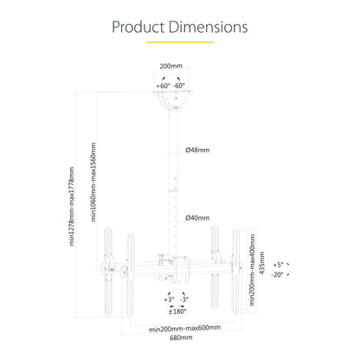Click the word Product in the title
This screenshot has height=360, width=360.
coord(138,27)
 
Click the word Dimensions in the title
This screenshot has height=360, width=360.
coord(208,27)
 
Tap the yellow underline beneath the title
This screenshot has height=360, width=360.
coord(180,42)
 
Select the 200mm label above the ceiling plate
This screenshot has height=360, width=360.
coord(171,66)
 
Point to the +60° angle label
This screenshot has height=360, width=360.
coord(164,86)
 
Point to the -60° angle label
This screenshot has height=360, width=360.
coord(179,86)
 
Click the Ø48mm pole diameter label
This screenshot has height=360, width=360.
coord(197,150)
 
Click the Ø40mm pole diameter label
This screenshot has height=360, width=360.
coord(197,218)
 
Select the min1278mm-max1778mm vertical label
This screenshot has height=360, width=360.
coord(72,207)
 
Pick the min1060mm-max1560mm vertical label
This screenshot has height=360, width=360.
coord(93,182)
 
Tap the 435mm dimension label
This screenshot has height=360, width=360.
coord(262,263)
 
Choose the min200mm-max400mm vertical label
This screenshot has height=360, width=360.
coord(253,270)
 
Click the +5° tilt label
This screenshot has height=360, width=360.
coord(279,265)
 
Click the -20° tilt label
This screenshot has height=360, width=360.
coord(277,274)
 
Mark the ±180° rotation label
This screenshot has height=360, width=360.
coord(177,312)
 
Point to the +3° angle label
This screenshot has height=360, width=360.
coord(170,299)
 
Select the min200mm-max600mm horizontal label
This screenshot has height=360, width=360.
coord(185,328)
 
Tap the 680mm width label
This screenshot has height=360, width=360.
coord(181,337)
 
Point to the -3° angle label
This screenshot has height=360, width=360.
coord(184,299)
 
